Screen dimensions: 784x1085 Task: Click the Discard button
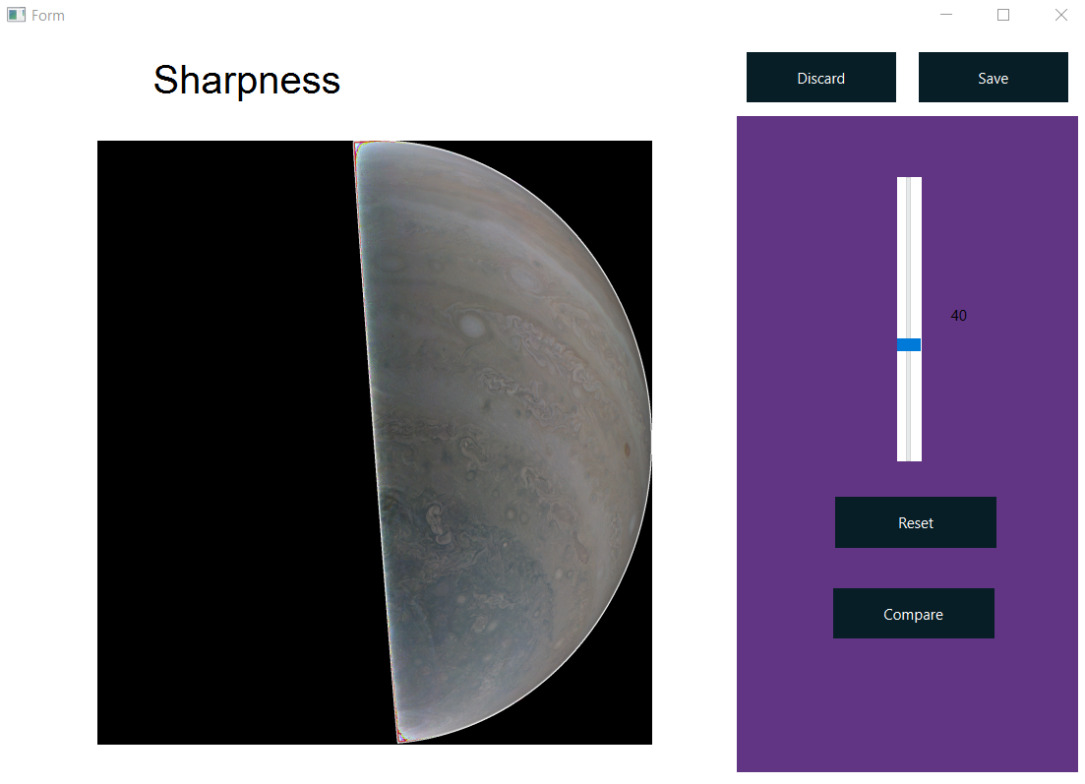pyautogui.click(x=820, y=78)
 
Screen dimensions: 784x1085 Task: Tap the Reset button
pyautogui.click(x=915, y=522)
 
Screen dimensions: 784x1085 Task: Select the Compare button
pyautogui.click(x=913, y=614)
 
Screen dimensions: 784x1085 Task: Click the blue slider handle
pyautogui.click(x=909, y=344)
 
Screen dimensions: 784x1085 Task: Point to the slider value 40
pyautogui.click(x=958, y=316)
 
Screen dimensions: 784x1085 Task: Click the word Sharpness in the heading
pyautogui.click(x=247, y=81)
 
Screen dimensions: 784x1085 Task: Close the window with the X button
pyautogui.click(x=1060, y=15)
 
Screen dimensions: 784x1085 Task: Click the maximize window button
pyautogui.click(x=1003, y=15)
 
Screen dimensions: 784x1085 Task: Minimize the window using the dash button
pyautogui.click(x=946, y=15)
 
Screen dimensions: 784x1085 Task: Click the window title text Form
pyautogui.click(x=48, y=16)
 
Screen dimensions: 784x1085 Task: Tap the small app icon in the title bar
pyautogui.click(x=16, y=16)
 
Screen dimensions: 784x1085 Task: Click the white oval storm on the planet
pyautogui.click(x=473, y=325)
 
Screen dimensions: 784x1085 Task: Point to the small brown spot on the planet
pyautogui.click(x=626, y=451)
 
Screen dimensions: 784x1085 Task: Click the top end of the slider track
pyautogui.click(x=909, y=181)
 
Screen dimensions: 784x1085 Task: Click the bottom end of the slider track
pyautogui.click(x=909, y=457)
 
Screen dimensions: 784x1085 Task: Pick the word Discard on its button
pyautogui.click(x=820, y=79)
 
